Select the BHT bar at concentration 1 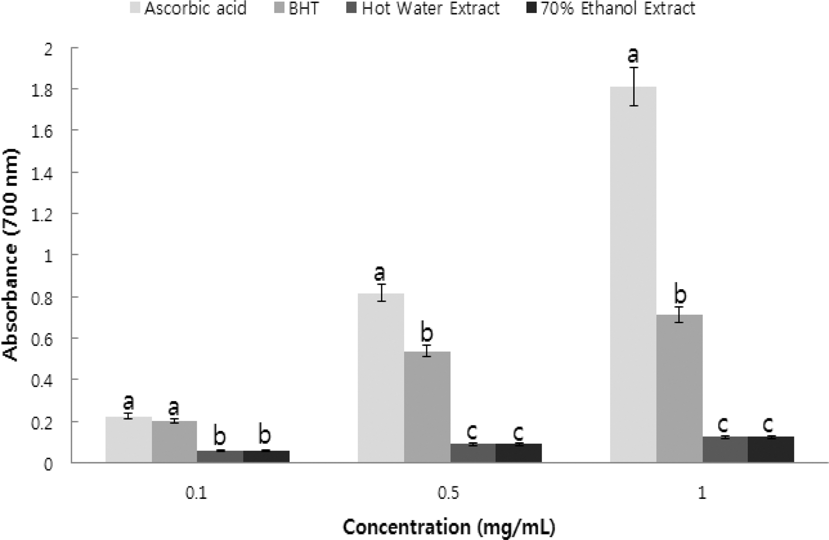[x=679, y=388]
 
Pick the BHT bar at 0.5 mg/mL [x=427, y=407]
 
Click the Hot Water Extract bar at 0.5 [x=473, y=452]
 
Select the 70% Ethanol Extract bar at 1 [x=771, y=449]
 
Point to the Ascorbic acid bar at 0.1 [x=128, y=439]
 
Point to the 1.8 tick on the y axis [x=43, y=89]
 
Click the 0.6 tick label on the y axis [x=43, y=338]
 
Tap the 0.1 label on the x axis [x=196, y=493]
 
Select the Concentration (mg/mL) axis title [x=449, y=527]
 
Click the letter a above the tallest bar [x=633, y=55]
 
